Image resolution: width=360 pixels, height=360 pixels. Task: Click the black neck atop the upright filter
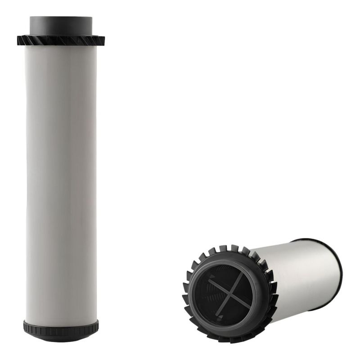click(61, 25)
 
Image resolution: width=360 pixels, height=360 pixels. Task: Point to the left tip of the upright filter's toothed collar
click(18, 40)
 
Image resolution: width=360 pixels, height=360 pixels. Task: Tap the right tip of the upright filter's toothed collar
click(104, 40)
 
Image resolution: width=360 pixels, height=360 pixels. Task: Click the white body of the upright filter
click(61, 180)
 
